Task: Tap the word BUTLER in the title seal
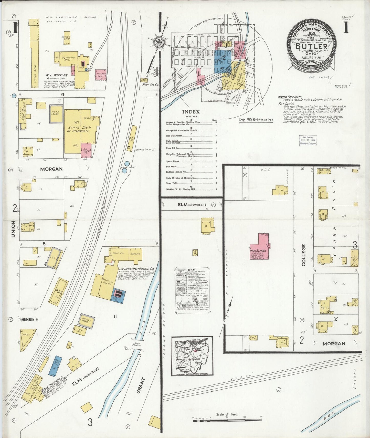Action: (x=311, y=46)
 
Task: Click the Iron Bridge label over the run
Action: (x=136, y=345)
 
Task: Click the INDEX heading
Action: (x=191, y=112)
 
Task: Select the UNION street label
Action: (x=13, y=229)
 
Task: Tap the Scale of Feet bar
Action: (x=227, y=419)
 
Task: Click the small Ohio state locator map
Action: (x=192, y=356)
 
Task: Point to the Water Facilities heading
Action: (x=290, y=97)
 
